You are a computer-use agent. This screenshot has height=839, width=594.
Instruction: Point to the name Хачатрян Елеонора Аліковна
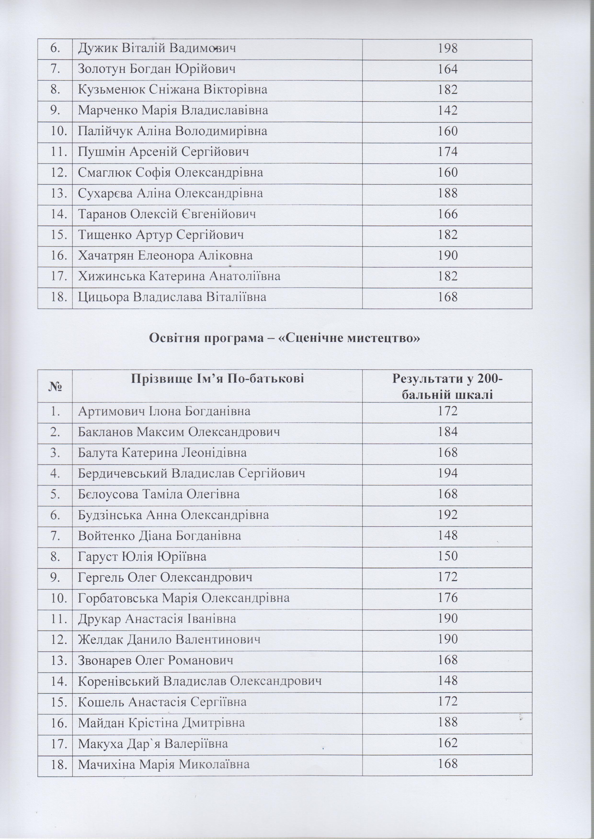(x=165, y=256)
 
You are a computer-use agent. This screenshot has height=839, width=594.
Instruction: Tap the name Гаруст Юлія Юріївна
(x=142, y=556)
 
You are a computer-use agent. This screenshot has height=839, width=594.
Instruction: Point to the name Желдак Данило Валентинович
(x=169, y=639)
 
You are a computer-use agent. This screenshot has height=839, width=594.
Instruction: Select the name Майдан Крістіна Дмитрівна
(x=166, y=722)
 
